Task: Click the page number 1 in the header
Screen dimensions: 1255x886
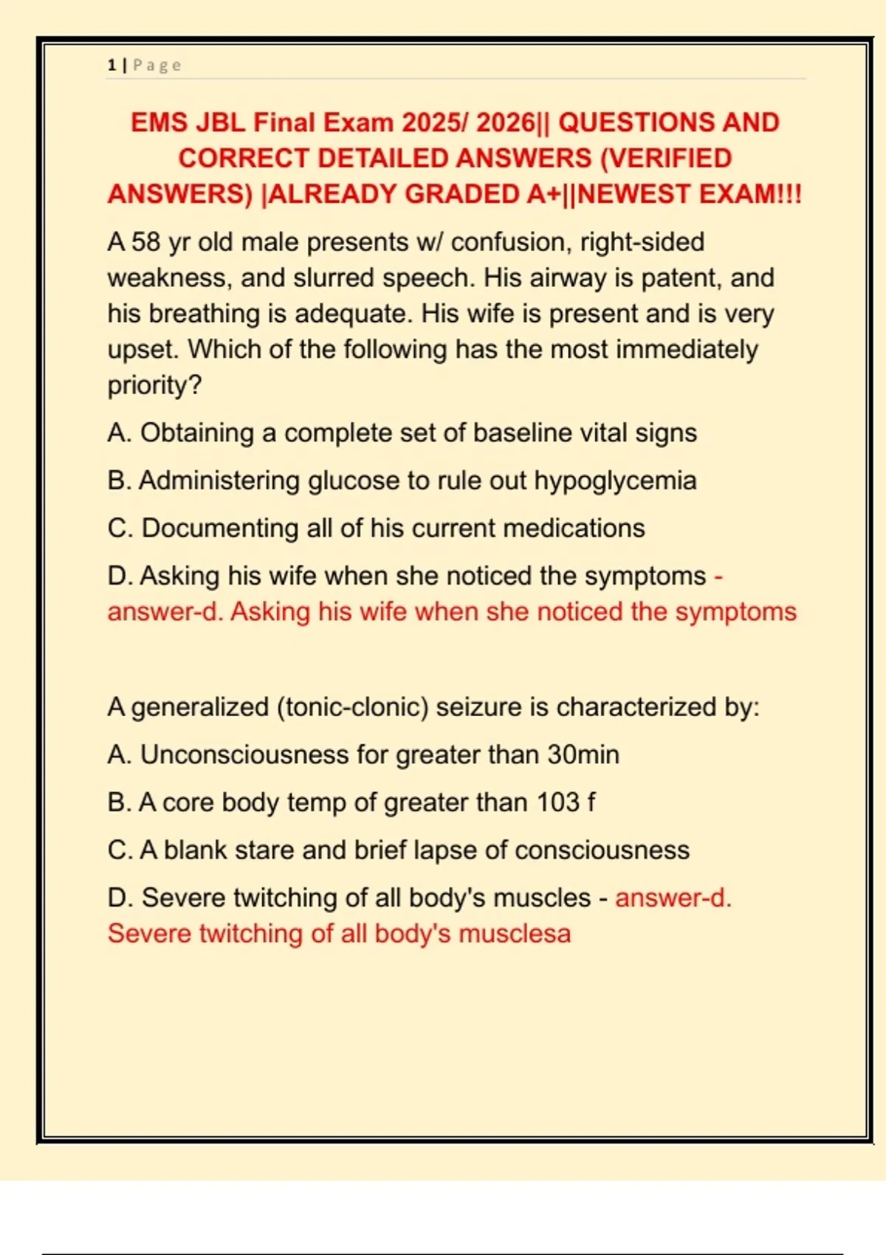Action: tap(111, 65)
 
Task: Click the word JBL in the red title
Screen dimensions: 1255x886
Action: tap(220, 123)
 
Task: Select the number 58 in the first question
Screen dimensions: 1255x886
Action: tap(146, 242)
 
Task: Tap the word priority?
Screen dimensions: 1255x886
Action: tap(154, 385)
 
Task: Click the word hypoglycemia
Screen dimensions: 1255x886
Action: tap(615, 481)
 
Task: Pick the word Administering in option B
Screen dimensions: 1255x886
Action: tap(219, 481)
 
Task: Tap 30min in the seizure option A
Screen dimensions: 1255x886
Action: tap(583, 754)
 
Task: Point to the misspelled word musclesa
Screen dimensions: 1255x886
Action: tap(515, 934)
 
